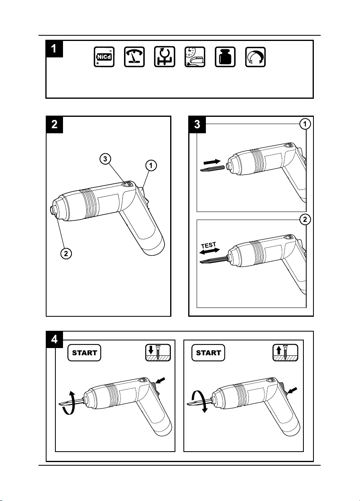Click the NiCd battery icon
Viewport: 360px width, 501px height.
coord(104,57)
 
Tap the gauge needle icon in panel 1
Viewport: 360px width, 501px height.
coord(134,57)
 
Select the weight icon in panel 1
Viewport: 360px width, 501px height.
coord(225,57)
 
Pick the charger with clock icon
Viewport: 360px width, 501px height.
coord(195,57)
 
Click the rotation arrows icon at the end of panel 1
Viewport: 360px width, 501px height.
coord(255,57)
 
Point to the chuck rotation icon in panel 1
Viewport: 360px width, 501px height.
coord(165,57)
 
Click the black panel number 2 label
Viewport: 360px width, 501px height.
coord(54,124)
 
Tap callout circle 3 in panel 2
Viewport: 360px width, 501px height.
coord(105,159)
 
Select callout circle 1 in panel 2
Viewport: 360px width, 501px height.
coord(151,165)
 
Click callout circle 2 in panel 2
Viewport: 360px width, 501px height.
coord(66,254)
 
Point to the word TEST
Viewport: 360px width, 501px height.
coord(208,245)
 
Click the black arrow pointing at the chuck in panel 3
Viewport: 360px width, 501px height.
coord(212,161)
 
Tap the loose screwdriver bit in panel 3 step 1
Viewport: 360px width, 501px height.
coord(212,169)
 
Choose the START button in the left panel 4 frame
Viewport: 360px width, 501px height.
coord(84,353)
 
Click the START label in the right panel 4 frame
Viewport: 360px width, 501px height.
coord(208,353)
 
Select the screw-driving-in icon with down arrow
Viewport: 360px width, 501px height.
coord(158,352)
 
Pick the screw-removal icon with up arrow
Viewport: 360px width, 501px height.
coord(285,352)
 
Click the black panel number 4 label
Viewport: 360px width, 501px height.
coord(54,340)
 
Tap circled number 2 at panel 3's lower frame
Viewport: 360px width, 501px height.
coord(305,220)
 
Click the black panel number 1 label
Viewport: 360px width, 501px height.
coord(54,49)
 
